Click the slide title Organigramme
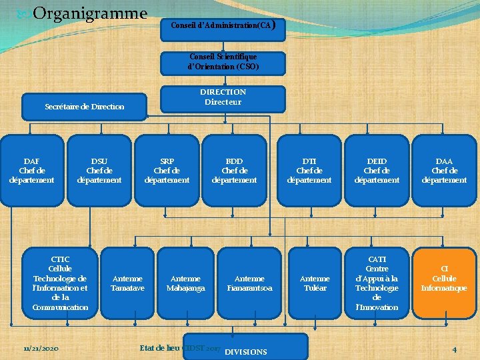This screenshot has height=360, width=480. [89, 13]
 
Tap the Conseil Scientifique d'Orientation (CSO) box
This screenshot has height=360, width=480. [223, 62]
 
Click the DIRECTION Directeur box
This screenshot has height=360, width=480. [223, 98]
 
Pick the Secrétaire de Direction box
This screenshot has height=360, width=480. [84, 107]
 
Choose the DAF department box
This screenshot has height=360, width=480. [31, 171]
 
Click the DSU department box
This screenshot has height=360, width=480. [99, 171]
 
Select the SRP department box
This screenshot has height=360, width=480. [167, 171]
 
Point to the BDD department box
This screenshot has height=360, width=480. [234, 171]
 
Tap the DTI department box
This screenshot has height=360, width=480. [309, 171]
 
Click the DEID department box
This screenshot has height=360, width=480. [377, 171]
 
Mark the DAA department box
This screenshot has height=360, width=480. [444, 171]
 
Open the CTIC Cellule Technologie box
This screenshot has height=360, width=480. [60, 283]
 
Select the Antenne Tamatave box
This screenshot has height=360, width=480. [127, 283]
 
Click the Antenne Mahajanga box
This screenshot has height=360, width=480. [185, 283]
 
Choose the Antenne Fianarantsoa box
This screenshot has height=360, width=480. [249, 283]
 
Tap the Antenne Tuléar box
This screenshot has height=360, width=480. [315, 283]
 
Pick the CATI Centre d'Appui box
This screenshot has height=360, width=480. [377, 283]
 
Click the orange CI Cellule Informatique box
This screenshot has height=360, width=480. [444, 283]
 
